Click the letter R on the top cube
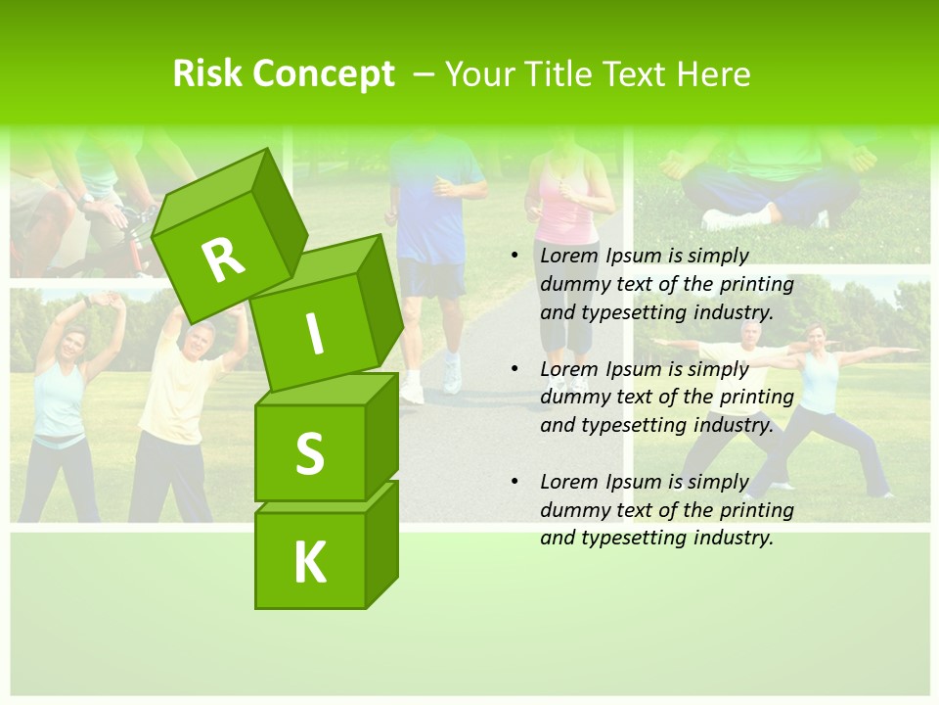pos(224,259)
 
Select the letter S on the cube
pos(309,453)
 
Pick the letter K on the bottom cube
pos(310,563)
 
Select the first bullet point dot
pos(515,257)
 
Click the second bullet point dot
pos(515,370)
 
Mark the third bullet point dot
pos(515,483)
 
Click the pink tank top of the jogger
pos(568,210)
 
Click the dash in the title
pos(425,74)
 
